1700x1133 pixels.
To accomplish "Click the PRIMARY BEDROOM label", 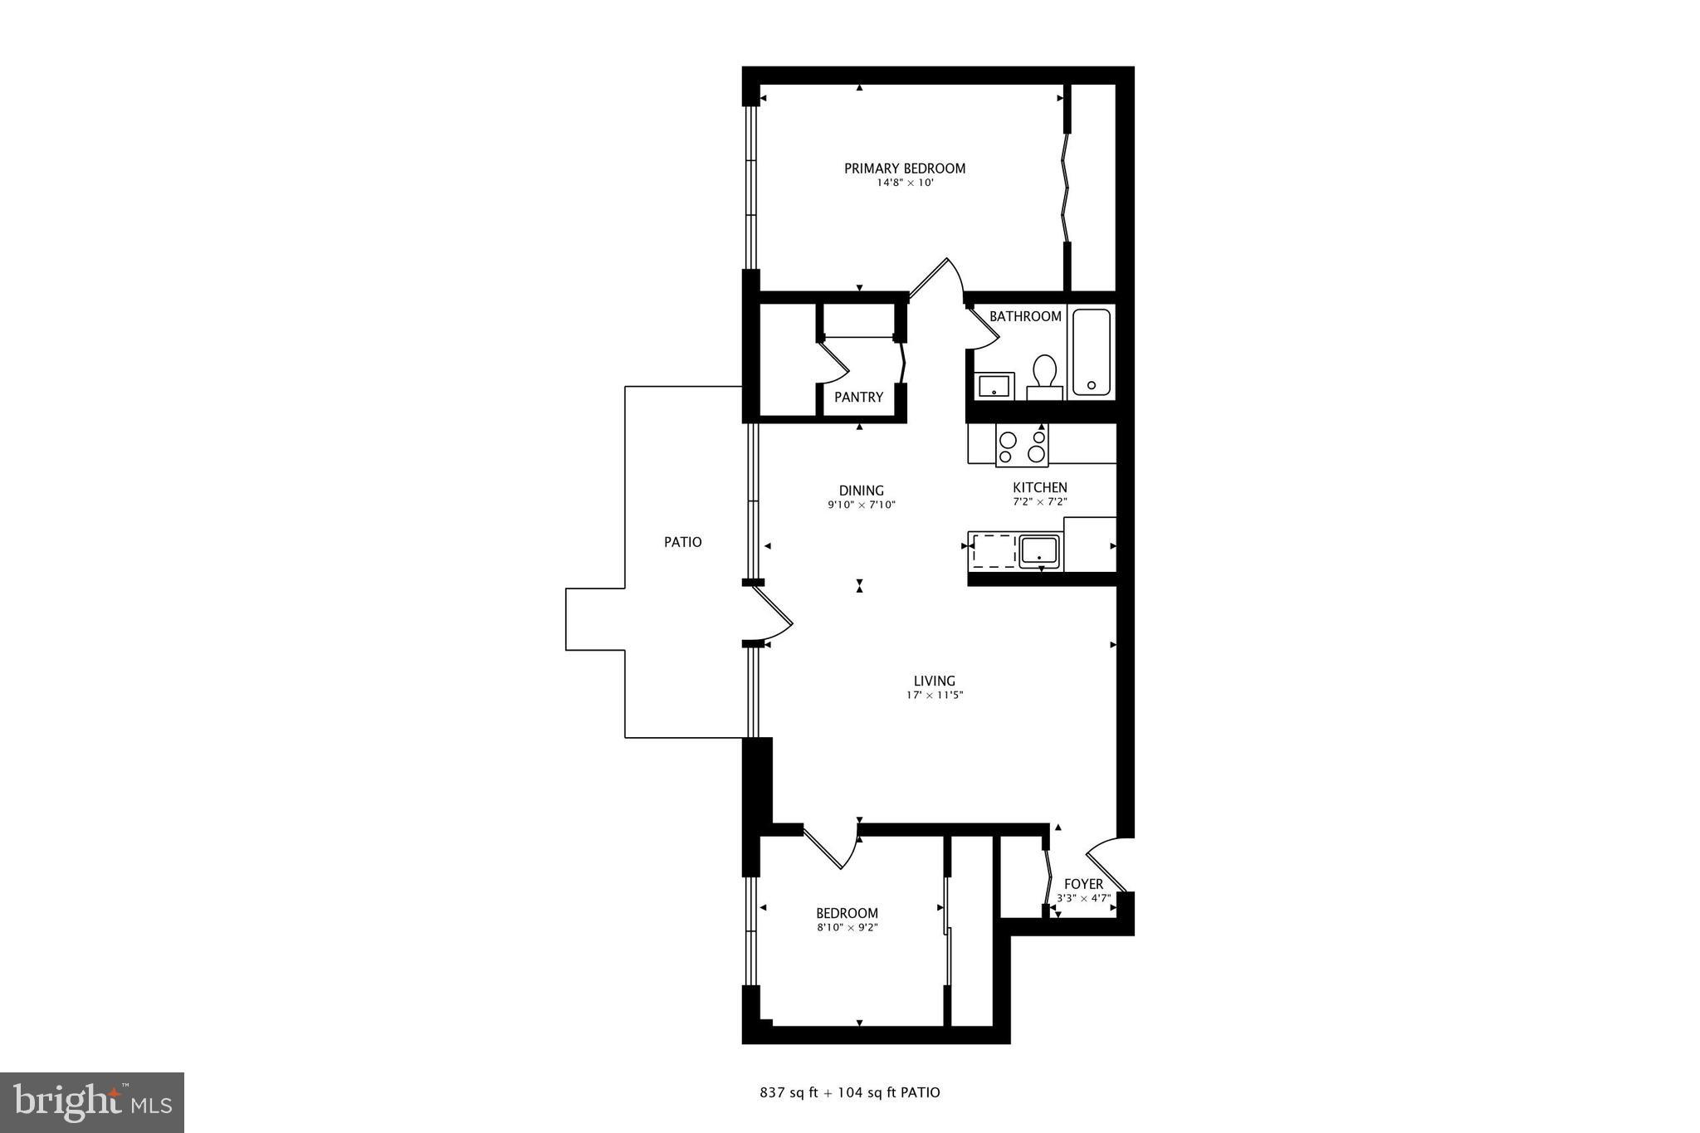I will (x=905, y=168).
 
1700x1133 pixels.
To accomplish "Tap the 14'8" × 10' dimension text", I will (x=906, y=183).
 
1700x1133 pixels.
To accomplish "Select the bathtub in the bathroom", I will (x=1091, y=352).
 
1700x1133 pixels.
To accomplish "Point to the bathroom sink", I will (x=993, y=386).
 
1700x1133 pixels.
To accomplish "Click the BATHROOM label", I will (x=1025, y=316).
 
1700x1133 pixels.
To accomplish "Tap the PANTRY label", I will (x=858, y=398).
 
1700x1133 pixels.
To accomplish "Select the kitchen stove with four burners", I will (x=1022, y=446).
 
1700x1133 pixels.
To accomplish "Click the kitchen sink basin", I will (x=1039, y=550).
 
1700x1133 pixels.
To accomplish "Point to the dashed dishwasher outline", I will (x=994, y=551).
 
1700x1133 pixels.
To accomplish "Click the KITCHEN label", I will (x=1040, y=487).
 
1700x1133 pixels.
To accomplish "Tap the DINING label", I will (x=862, y=491).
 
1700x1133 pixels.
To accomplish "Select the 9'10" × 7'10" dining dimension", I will (x=862, y=505).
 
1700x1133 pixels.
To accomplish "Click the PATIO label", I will (x=682, y=542).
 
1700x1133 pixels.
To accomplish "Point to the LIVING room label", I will (x=935, y=681).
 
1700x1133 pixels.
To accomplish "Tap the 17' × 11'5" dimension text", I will (x=935, y=696).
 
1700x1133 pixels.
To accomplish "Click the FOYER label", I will (x=1083, y=884).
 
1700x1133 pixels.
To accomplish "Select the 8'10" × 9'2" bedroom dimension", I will (x=847, y=928).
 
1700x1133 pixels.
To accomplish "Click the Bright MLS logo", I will (x=92, y=1102).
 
